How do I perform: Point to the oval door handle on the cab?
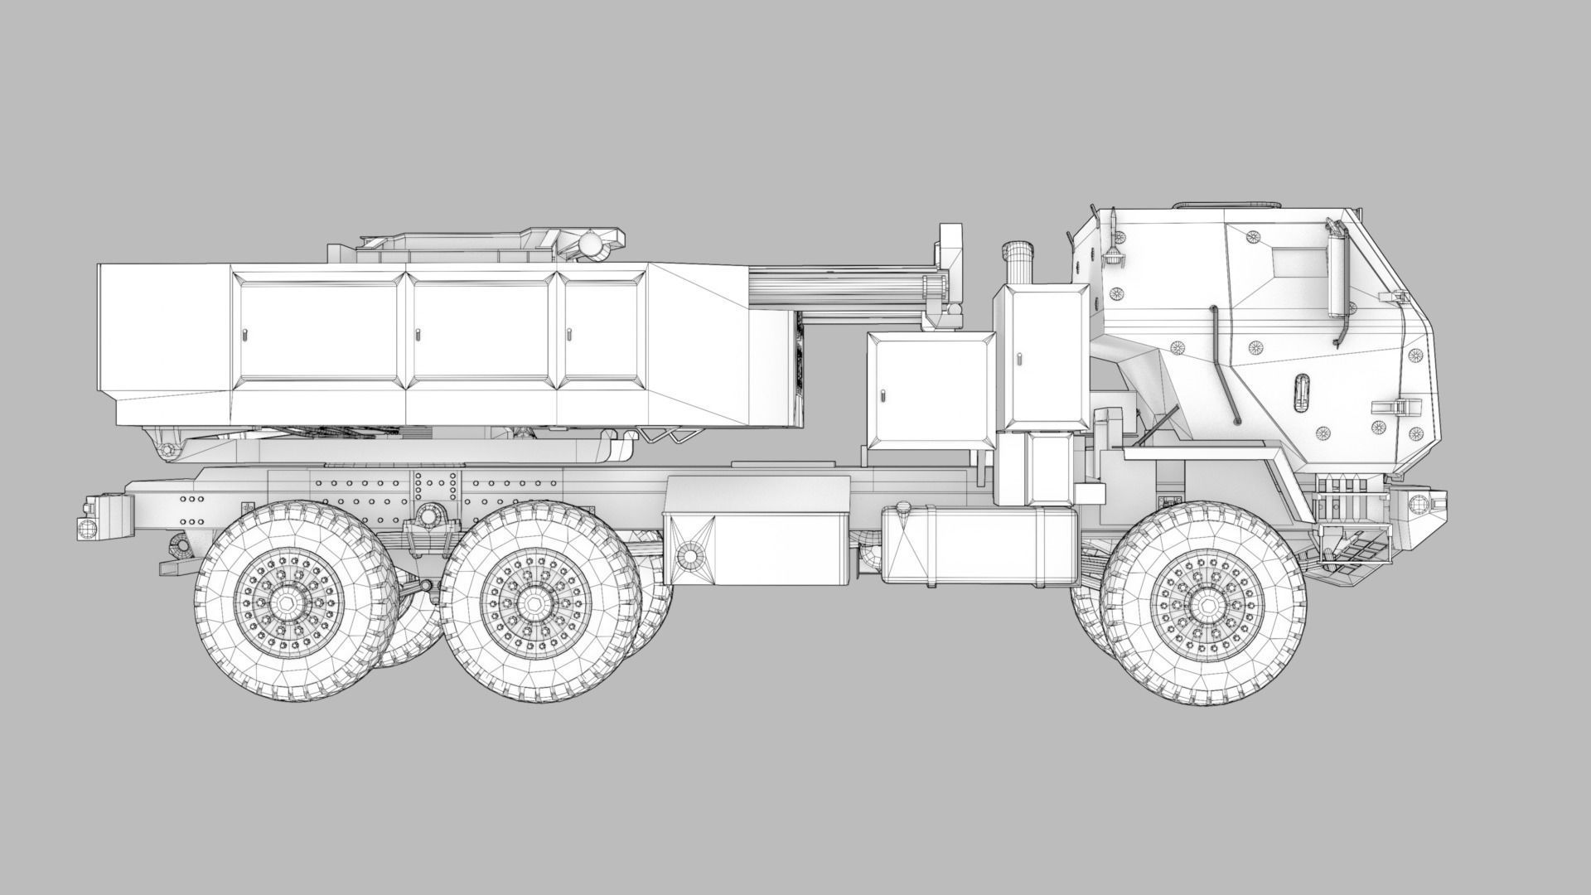coord(1301,389)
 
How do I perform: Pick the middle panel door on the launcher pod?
coord(480,330)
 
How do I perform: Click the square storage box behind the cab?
coord(930,392)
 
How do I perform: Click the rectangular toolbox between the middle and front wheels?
coord(758,547)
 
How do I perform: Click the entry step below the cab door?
coord(1355,543)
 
